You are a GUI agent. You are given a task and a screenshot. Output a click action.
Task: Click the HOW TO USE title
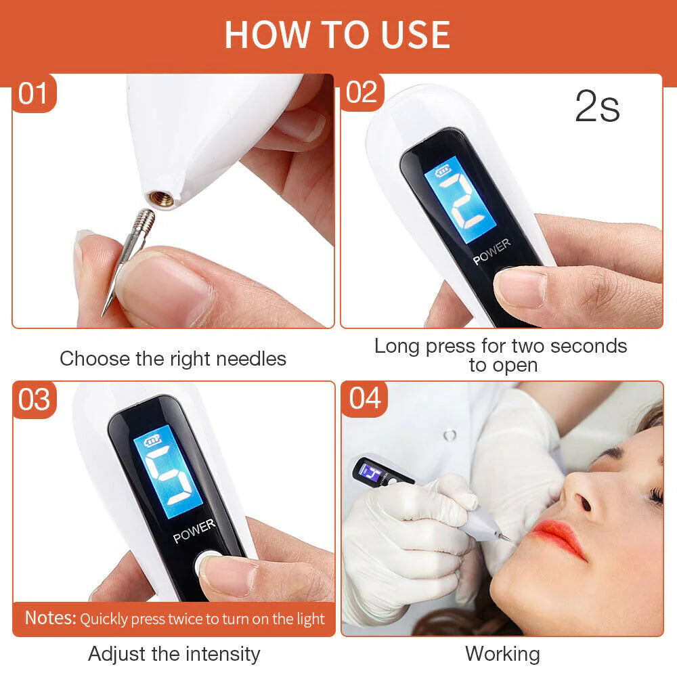pyautogui.click(x=337, y=35)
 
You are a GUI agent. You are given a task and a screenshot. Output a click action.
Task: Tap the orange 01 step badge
pyautogui.click(x=32, y=93)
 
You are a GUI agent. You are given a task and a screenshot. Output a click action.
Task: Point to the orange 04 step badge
pyautogui.click(x=365, y=399)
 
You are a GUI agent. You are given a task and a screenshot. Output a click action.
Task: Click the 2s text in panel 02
pyautogui.click(x=596, y=107)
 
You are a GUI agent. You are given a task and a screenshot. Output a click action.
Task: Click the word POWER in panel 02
pyautogui.click(x=492, y=252)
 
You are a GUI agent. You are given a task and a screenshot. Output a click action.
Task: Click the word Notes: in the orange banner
pyautogui.click(x=51, y=618)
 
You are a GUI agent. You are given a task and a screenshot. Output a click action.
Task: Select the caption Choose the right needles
pyautogui.click(x=173, y=358)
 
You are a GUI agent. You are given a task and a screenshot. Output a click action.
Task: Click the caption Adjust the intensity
pyautogui.click(x=174, y=654)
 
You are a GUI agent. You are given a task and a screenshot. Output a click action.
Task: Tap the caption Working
pyautogui.click(x=502, y=654)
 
